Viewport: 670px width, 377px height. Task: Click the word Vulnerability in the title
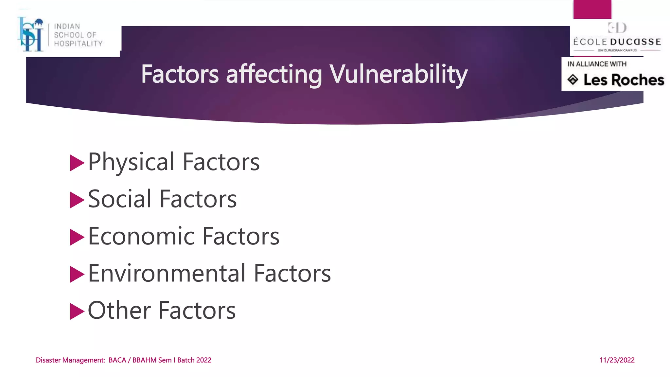(x=398, y=74)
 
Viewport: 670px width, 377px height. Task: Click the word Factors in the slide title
(x=180, y=74)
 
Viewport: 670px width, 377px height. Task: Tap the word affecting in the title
(x=274, y=75)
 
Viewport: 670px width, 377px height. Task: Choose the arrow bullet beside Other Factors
(x=77, y=311)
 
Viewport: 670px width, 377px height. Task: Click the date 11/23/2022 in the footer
(x=617, y=360)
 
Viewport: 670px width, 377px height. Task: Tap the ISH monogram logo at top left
(x=31, y=35)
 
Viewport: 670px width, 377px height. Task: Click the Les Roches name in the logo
(x=624, y=80)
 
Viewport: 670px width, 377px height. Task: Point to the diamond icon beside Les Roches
(x=573, y=80)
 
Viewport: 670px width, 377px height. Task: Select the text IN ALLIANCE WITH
(x=597, y=64)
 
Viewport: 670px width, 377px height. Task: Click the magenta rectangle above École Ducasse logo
(x=592, y=9)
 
